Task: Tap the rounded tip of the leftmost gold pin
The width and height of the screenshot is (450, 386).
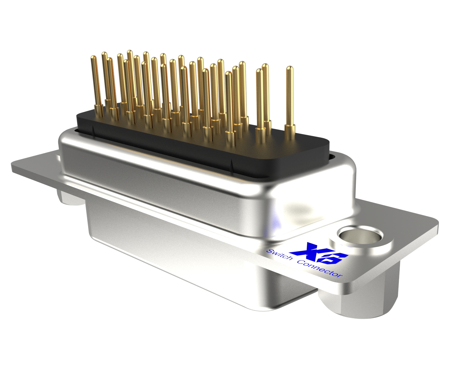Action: [94, 58]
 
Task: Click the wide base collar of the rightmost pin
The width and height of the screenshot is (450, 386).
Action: [290, 132]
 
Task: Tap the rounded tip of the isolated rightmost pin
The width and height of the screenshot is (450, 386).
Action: [289, 68]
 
